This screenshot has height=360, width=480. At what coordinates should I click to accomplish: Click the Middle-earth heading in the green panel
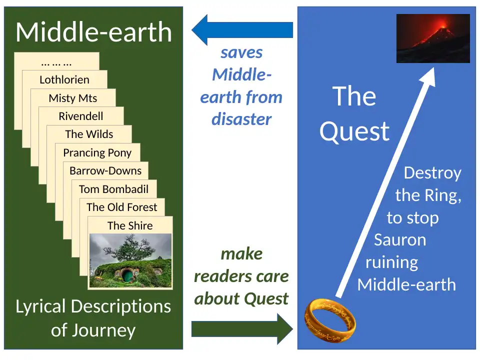point(93,32)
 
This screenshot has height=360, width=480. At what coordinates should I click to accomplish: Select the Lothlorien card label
point(64,79)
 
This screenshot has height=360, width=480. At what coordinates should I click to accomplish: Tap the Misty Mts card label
point(73,98)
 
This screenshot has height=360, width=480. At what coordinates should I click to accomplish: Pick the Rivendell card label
point(81,116)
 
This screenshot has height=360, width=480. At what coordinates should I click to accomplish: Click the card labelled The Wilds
point(89,134)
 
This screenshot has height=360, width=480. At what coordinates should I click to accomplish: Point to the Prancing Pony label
point(97,152)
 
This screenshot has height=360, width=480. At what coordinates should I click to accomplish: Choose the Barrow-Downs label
point(105,170)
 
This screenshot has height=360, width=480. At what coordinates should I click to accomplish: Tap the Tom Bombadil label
point(113,189)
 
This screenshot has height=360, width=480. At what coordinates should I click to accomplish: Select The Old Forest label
point(121,207)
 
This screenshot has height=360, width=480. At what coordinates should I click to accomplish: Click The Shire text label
point(130,225)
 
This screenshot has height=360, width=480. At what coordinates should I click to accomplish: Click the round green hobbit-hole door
point(128,274)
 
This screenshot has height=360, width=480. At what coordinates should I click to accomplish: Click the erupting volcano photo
point(433,38)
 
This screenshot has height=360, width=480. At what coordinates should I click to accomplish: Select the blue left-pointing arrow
point(242,30)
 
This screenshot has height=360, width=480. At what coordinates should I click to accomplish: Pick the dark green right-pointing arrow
point(242,329)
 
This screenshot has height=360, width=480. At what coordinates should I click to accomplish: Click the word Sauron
point(400,239)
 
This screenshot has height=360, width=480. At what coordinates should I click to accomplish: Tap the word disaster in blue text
point(241,119)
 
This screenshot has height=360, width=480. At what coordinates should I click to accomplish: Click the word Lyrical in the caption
point(46,306)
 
